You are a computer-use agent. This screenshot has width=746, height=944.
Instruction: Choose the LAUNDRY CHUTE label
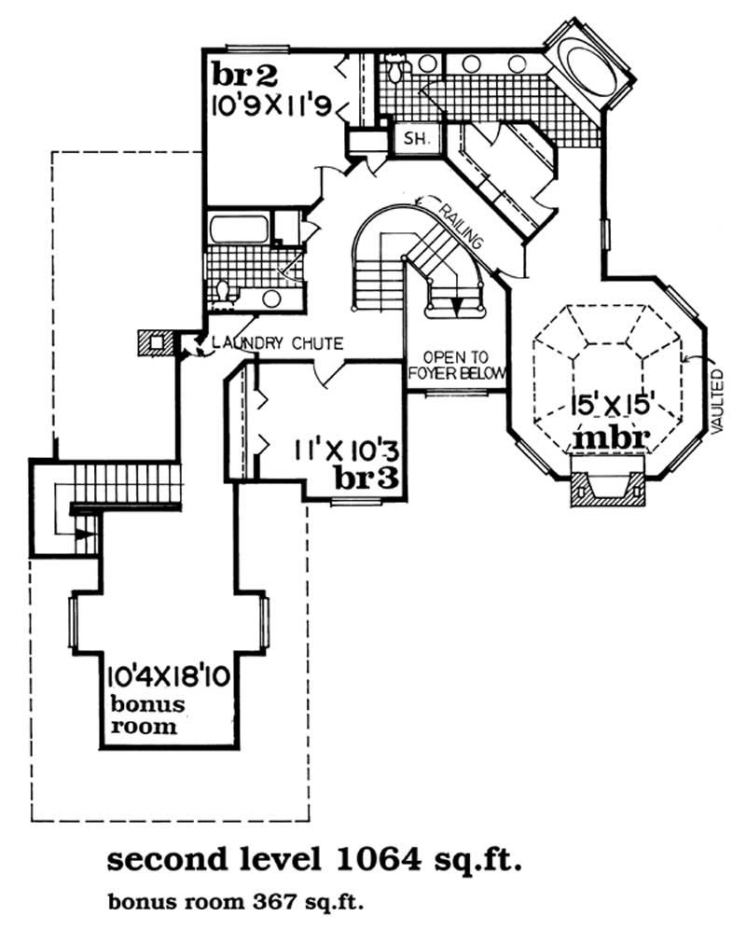pyautogui.click(x=277, y=343)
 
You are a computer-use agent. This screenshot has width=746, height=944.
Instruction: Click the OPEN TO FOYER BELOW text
pyautogui.click(x=457, y=366)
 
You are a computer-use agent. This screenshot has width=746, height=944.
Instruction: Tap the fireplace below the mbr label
pyautogui.click(x=607, y=483)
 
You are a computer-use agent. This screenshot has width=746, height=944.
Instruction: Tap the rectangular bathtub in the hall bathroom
pyautogui.click(x=238, y=229)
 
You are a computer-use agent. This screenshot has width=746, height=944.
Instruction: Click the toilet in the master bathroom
pyautogui.click(x=394, y=67)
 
